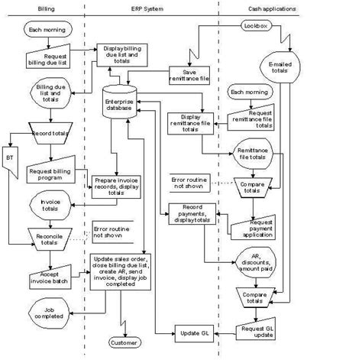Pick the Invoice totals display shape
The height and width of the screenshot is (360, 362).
49,204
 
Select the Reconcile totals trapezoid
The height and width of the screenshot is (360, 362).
49,238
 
